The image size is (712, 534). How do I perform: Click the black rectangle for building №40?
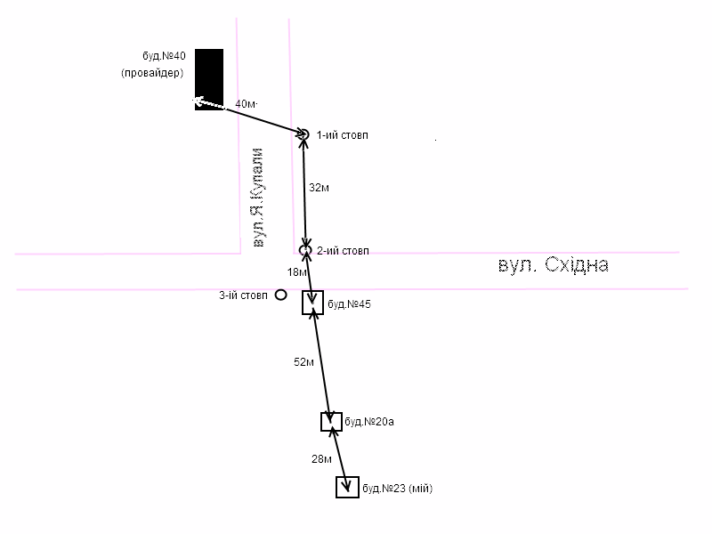point(209,78)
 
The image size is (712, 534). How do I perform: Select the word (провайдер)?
point(152,73)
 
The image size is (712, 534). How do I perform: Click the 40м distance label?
point(244,104)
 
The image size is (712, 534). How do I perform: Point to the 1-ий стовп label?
point(343,135)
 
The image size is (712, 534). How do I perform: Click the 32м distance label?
point(320,189)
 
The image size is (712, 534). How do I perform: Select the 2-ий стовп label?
point(343,251)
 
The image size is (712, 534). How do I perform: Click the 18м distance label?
point(296,271)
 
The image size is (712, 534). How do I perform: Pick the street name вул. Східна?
point(553,266)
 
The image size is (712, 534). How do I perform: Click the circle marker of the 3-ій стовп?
point(280,295)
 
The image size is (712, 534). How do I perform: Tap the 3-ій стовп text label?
point(244,295)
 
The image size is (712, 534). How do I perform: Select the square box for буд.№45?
point(312,303)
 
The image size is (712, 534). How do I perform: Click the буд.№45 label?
point(350,304)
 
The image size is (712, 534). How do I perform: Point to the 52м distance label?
point(303,362)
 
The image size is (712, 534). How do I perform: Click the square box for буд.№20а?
point(331,422)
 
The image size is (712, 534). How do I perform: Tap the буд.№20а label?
point(369,422)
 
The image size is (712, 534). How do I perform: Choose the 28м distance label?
point(321,459)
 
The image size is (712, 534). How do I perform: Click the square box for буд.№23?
point(347,487)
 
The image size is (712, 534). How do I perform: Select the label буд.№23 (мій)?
point(398,489)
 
